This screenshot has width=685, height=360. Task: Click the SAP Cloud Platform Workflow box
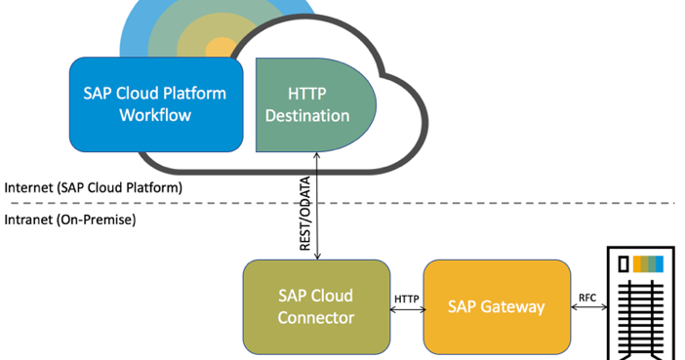coord(156,104)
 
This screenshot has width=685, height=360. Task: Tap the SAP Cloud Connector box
coord(315,306)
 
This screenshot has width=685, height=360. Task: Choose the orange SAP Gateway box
coord(496,306)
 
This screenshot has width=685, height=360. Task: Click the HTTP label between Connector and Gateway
coord(407,298)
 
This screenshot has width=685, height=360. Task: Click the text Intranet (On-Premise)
coord(70,220)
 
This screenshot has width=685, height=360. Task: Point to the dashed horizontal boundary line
coord(488,203)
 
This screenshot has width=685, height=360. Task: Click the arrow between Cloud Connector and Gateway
coord(407,310)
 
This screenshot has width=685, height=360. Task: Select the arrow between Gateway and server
coord(587,308)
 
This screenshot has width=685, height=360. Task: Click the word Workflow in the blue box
coord(155,115)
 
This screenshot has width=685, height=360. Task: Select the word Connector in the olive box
coord(315,317)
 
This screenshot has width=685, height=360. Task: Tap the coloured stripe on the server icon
coord(648,263)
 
